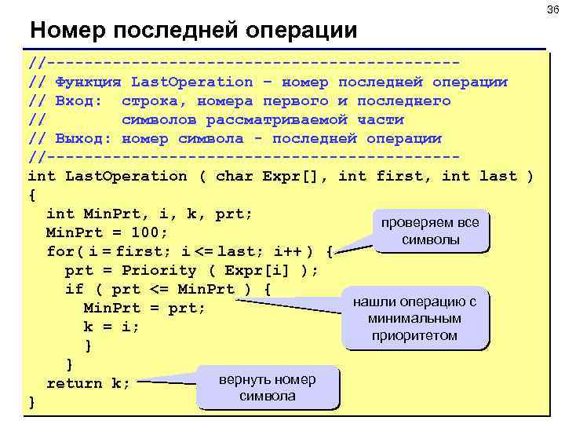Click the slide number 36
pyautogui.click(x=551, y=9)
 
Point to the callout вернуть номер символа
pyautogui.click(x=267, y=388)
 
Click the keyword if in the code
pyautogui.click(x=74, y=289)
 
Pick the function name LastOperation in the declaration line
pyautogui.click(x=126, y=176)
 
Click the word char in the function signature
pyautogui.click(x=234, y=176)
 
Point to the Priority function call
pyautogui.click(x=168, y=270)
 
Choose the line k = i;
pyautogui.click(x=111, y=327)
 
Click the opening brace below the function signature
pyautogui.click(x=31, y=194)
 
